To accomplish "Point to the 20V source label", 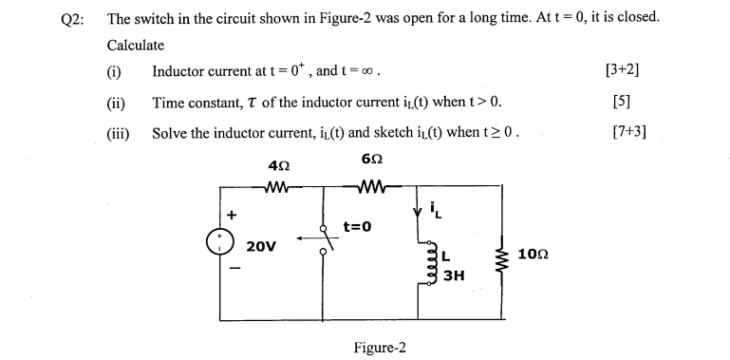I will (261, 246).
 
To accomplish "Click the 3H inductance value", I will (454, 275).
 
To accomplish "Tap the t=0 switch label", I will (356, 227).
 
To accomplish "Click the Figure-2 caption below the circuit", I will (379, 348).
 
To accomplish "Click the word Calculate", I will (136, 45).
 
